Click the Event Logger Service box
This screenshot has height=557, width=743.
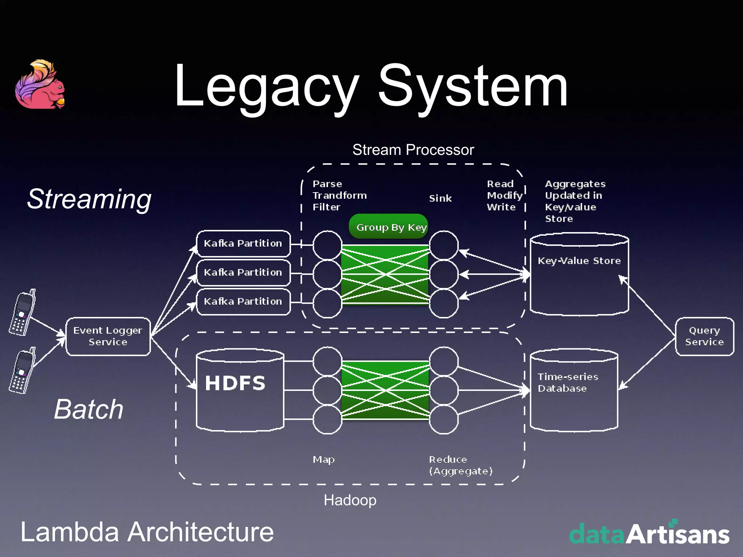pos(108,336)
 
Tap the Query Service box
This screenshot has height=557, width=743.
pos(704,336)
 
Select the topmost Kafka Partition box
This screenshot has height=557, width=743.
pos(243,243)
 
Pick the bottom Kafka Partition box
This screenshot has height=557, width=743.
pos(243,301)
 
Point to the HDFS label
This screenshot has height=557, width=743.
pos(235,383)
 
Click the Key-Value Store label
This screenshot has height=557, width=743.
pos(579,261)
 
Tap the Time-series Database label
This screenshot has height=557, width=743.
pos(568,383)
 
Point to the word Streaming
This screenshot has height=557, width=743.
pos(89,199)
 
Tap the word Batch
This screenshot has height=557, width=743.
pos(89,409)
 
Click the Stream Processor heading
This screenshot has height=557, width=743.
pos(413,150)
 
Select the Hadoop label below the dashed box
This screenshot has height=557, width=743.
pos(350,500)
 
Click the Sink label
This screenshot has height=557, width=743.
pos(440,198)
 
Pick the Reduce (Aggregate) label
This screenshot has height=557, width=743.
pos(460,465)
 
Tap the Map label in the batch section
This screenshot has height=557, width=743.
pos(324,459)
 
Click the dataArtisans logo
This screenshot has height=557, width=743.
pos(649,533)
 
